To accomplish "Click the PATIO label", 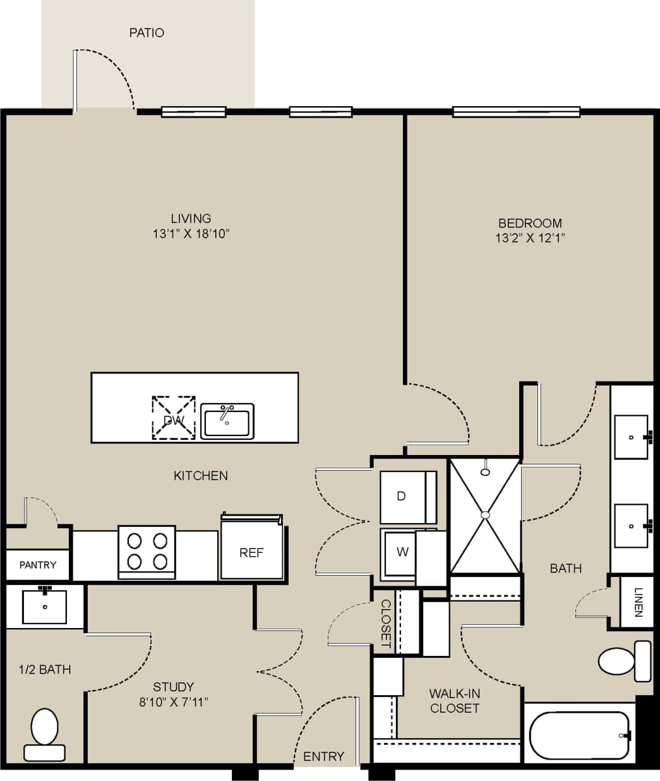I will [147, 33].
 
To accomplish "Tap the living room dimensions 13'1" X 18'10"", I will [191, 234].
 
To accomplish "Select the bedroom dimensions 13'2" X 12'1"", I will [530, 238].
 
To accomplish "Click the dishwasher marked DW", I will [173, 418].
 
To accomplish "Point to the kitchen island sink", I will [227, 421].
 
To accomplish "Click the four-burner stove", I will [147, 552].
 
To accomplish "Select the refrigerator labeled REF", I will [251, 552].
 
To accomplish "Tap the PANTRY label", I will [38, 565].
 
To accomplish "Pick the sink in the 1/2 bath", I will [45, 607].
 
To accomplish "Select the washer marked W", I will [402, 552].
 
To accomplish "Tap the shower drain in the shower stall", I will [485, 515].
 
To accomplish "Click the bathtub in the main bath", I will [579, 735].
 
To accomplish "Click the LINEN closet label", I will [638, 602].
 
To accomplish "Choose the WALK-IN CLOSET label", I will [455, 701].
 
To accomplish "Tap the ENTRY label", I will [323, 756].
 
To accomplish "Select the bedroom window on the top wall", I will [516, 112].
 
